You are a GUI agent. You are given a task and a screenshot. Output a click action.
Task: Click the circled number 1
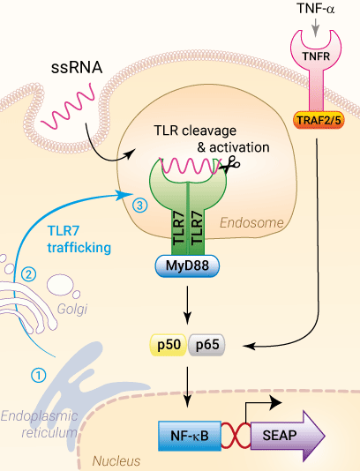[x=38, y=374]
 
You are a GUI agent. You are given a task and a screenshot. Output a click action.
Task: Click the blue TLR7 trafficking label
[x=79, y=239]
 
